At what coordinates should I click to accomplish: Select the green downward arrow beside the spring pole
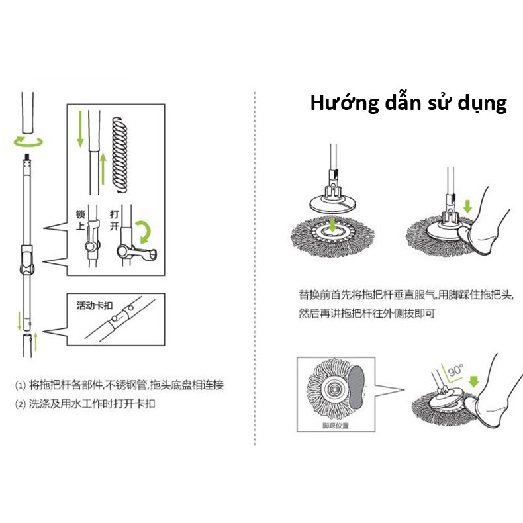tap(80, 129)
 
